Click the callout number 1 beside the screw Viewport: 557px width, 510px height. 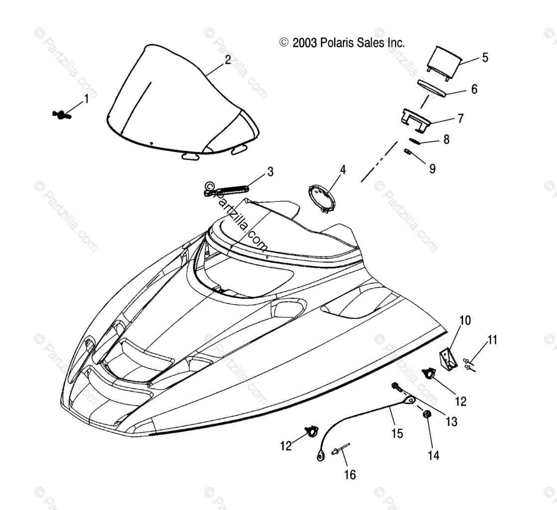point(86,99)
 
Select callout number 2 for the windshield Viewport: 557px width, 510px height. point(228,60)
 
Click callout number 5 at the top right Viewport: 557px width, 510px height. point(485,57)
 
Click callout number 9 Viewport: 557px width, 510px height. point(432,169)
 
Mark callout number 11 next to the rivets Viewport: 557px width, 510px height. point(492,340)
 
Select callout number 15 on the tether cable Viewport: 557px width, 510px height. point(397,433)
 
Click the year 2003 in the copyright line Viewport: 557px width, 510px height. point(304,43)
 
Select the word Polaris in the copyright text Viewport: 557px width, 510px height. point(338,43)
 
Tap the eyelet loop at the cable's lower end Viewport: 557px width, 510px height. point(319,454)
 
